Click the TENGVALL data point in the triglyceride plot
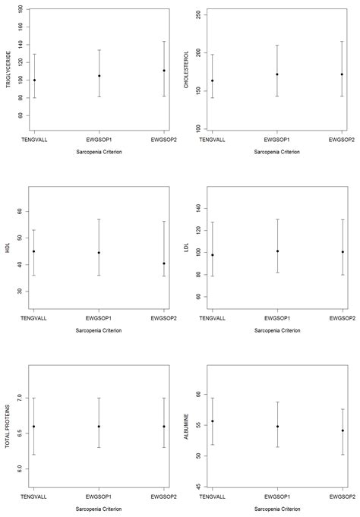tap(34, 80)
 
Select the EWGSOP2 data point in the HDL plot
tap(163, 263)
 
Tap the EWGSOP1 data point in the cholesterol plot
tap(277, 74)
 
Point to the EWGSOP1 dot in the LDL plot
tap(277, 251)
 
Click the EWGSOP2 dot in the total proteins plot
tap(163, 426)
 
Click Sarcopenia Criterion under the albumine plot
tap(277, 509)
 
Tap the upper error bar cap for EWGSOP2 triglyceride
tap(163, 42)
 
